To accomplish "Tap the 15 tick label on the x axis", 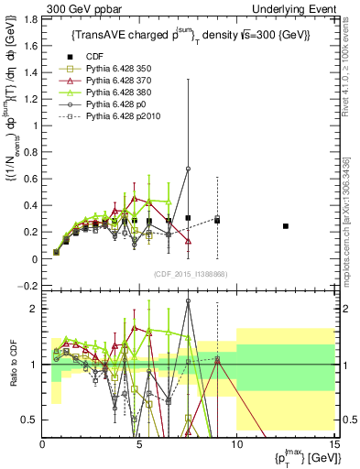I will [x=334, y=445].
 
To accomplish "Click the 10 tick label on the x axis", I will [x=236, y=445].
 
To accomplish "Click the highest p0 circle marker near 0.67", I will [x=188, y=169].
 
